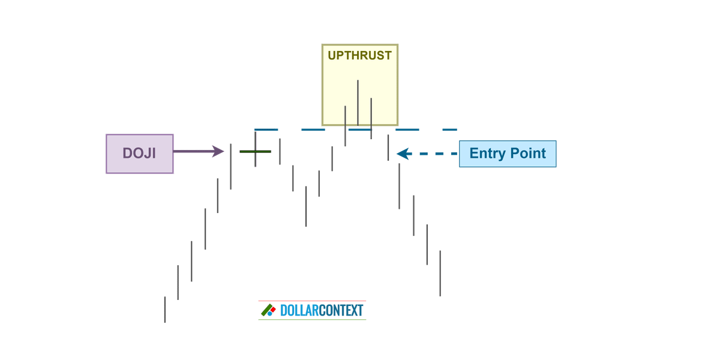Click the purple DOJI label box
point(140,154)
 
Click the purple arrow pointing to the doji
point(198,152)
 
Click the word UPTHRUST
point(359,56)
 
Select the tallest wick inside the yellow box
point(358,102)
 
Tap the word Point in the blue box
point(528,154)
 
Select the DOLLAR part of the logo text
point(300,311)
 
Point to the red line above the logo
point(312,300)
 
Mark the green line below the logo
point(312,320)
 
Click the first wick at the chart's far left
point(164,309)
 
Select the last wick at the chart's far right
point(439,273)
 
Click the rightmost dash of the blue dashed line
point(449,129)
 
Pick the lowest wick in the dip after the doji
point(306,206)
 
